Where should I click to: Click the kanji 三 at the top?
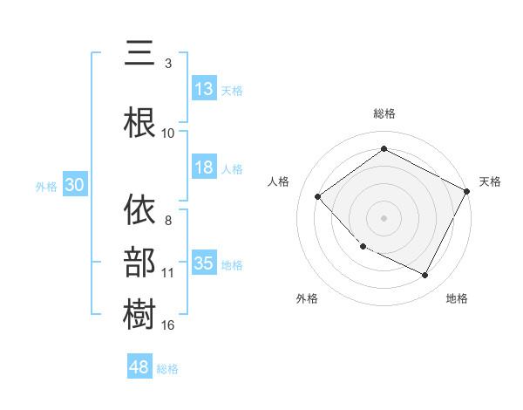[140, 54]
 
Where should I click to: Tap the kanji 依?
[140, 210]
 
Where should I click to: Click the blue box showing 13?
[204, 89]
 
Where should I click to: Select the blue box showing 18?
[204, 167]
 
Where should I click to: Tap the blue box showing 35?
[204, 263]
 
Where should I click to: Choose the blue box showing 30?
[74, 185]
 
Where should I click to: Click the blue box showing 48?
[140, 367]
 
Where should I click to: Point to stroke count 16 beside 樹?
[168, 325]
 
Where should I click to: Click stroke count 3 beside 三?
[168, 63]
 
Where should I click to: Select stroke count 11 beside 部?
[168, 272]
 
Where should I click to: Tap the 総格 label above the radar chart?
[384, 113]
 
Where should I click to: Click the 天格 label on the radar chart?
[490, 181]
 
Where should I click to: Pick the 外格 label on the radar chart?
[307, 298]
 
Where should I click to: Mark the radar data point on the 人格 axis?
[318, 196]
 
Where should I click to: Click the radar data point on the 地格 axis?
[425, 276]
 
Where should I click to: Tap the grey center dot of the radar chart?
[384, 217]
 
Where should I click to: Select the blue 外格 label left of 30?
[46, 186]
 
